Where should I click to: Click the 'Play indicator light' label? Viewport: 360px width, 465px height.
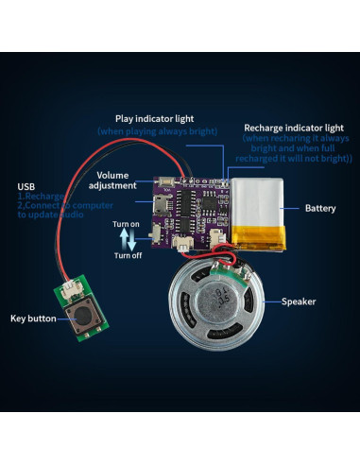[156, 118]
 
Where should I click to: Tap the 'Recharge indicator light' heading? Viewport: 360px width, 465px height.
[293, 127]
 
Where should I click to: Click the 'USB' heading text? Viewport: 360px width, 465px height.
[26, 185]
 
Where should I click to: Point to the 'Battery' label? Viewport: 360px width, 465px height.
[320, 207]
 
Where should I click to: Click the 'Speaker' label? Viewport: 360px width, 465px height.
[299, 301]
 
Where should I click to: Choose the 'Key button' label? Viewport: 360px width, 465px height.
[33, 319]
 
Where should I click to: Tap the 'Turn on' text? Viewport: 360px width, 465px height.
[128, 224]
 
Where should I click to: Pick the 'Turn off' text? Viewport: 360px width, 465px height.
[128, 256]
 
